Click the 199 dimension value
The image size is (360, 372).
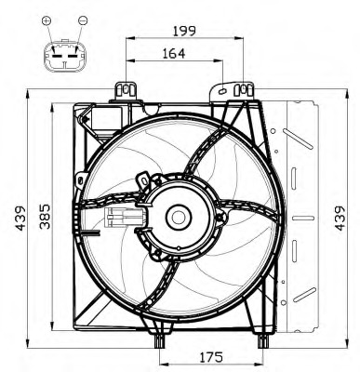pos(185,31)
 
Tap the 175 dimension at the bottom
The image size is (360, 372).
pos(211,356)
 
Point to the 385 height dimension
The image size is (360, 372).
pos(42,217)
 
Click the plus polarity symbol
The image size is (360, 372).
pos(47,20)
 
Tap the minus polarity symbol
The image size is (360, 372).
pos(83,20)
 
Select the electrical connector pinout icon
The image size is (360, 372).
pos(65,57)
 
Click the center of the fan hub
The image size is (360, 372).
pos(177,217)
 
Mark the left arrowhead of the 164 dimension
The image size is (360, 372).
pos(127,62)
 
